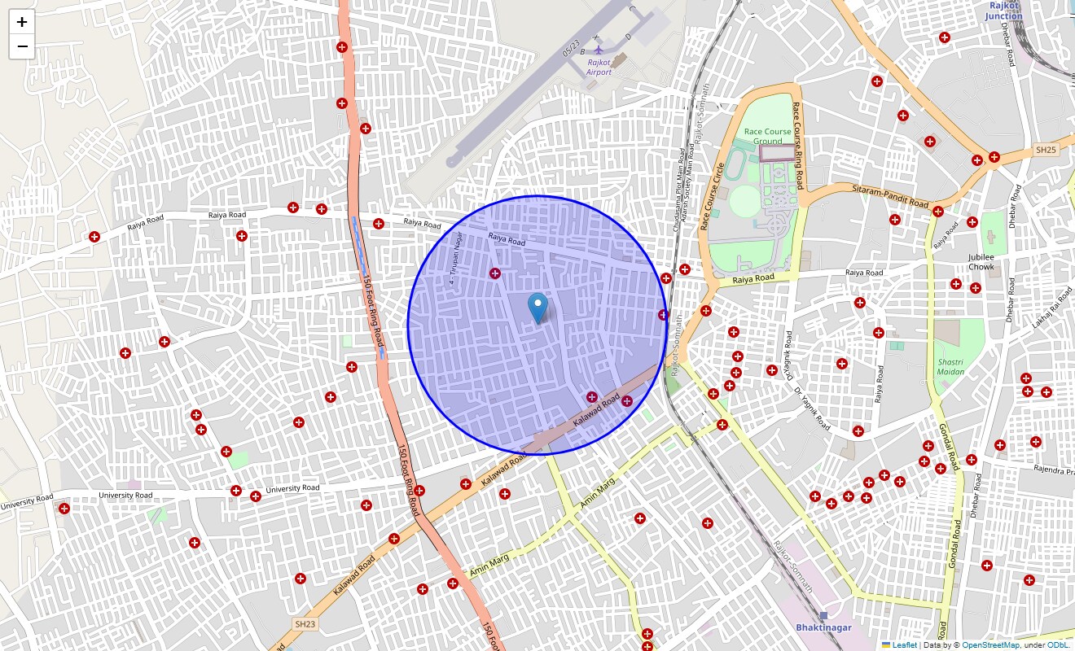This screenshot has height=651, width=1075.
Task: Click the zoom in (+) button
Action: (22, 22)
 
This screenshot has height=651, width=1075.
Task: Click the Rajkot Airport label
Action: (599, 68)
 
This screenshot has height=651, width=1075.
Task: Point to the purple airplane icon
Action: (599, 50)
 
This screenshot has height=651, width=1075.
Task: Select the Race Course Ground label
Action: (767, 136)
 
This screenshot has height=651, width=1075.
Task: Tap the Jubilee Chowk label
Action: (981, 262)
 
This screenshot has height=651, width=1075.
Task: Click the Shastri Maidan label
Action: (950, 367)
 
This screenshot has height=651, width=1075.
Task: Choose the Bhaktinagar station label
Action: (823, 627)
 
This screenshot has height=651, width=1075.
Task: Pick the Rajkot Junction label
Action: (1004, 11)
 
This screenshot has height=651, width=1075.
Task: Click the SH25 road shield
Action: (1045, 150)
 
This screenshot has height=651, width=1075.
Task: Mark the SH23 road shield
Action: (305, 624)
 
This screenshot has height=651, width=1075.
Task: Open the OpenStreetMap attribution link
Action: (990, 645)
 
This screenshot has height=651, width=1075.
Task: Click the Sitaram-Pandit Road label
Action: (890, 195)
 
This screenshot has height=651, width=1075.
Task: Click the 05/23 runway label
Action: (571, 49)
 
